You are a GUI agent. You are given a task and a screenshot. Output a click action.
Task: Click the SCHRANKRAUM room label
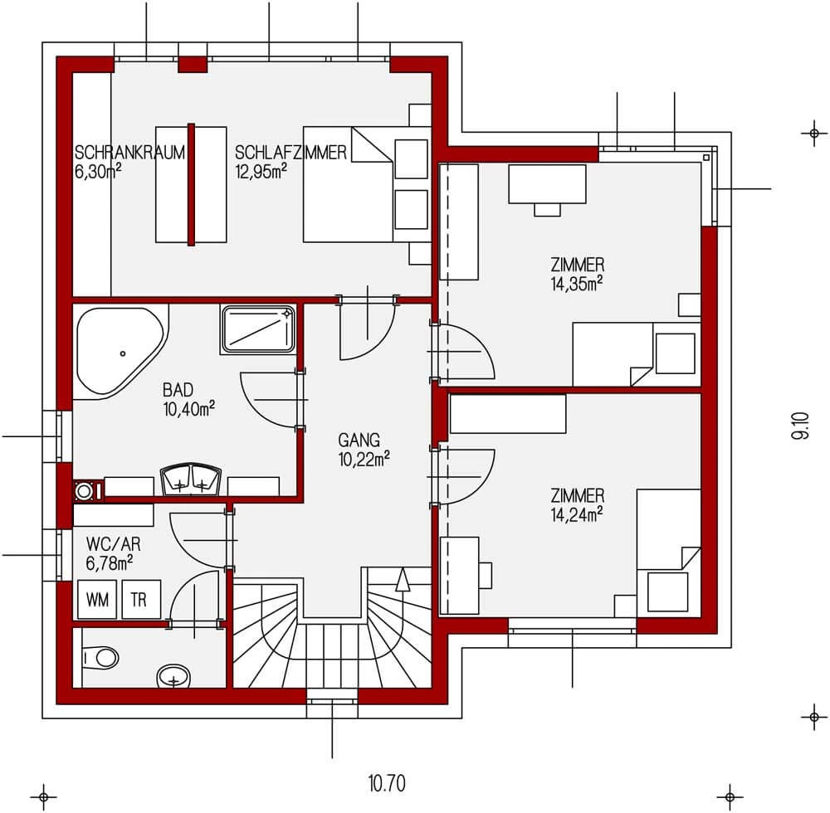click(129, 153)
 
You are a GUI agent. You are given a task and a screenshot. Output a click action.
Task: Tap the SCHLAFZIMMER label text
click(290, 153)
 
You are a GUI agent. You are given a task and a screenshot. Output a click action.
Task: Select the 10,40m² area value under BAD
click(189, 409)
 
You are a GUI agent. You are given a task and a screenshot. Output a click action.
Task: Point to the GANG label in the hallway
click(359, 440)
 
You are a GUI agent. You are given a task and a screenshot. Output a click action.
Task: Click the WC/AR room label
click(113, 544)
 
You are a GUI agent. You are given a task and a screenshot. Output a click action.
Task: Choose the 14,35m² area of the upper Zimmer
click(577, 284)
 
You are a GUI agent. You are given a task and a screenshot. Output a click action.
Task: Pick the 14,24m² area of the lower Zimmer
click(577, 514)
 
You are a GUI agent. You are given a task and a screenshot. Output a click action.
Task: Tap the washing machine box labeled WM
click(97, 599)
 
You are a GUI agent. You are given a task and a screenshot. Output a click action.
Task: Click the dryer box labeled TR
click(141, 599)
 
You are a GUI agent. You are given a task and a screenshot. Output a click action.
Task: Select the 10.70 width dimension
click(387, 783)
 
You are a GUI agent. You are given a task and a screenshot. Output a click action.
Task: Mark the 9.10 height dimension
click(800, 426)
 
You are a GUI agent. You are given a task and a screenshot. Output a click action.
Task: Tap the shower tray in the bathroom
click(258, 329)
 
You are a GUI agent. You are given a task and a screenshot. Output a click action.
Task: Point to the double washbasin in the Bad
click(190, 480)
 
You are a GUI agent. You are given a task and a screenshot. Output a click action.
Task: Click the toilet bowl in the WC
click(101, 658)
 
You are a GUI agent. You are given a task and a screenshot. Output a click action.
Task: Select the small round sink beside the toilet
click(173, 676)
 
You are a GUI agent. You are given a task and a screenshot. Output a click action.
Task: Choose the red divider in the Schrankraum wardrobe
click(191, 185)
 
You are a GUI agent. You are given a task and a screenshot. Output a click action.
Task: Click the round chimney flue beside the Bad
click(84, 491)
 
